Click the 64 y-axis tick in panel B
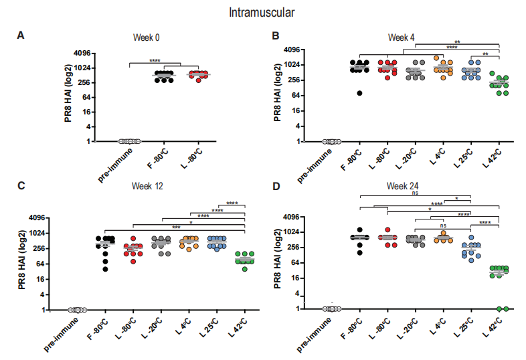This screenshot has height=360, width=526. [x=294, y=96]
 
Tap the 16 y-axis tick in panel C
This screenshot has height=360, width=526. [x=38, y=279]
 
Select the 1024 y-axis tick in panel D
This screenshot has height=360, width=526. [x=291, y=232]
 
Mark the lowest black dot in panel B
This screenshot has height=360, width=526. [x=360, y=93]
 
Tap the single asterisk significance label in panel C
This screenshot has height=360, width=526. [x=191, y=223]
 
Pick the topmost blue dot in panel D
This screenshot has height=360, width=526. [x=472, y=238]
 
